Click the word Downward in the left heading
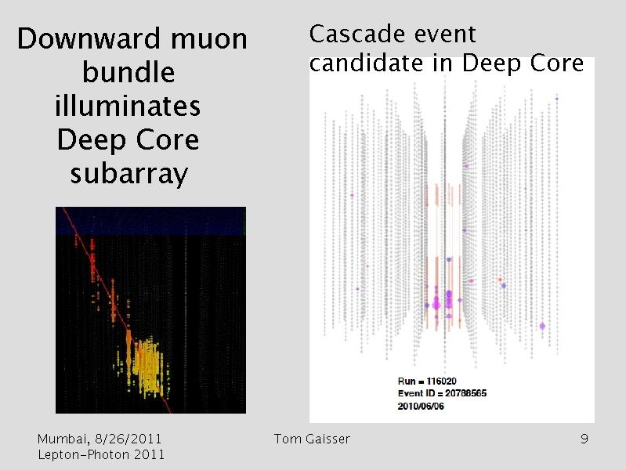(x=88, y=38)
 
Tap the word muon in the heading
(x=210, y=40)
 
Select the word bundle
(x=128, y=72)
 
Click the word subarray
(x=129, y=174)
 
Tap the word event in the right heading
(x=445, y=34)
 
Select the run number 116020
(x=441, y=381)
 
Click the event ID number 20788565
(x=466, y=393)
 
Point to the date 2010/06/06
(x=421, y=406)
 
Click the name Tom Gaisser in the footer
(x=312, y=439)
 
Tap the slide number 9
(x=584, y=439)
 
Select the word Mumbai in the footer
(x=63, y=439)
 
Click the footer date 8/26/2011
(x=128, y=439)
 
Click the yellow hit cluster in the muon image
(x=147, y=367)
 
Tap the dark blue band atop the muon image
(x=150, y=221)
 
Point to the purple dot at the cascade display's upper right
(x=556, y=98)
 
